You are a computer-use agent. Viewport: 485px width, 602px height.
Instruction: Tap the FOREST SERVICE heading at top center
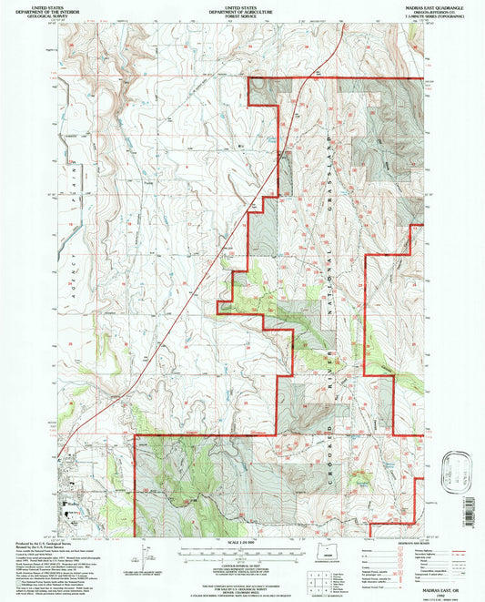(x=242, y=17)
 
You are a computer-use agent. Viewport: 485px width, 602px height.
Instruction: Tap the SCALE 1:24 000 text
(x=240, y=546)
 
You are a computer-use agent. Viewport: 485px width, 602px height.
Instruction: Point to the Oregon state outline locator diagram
(x=328, y=555)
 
